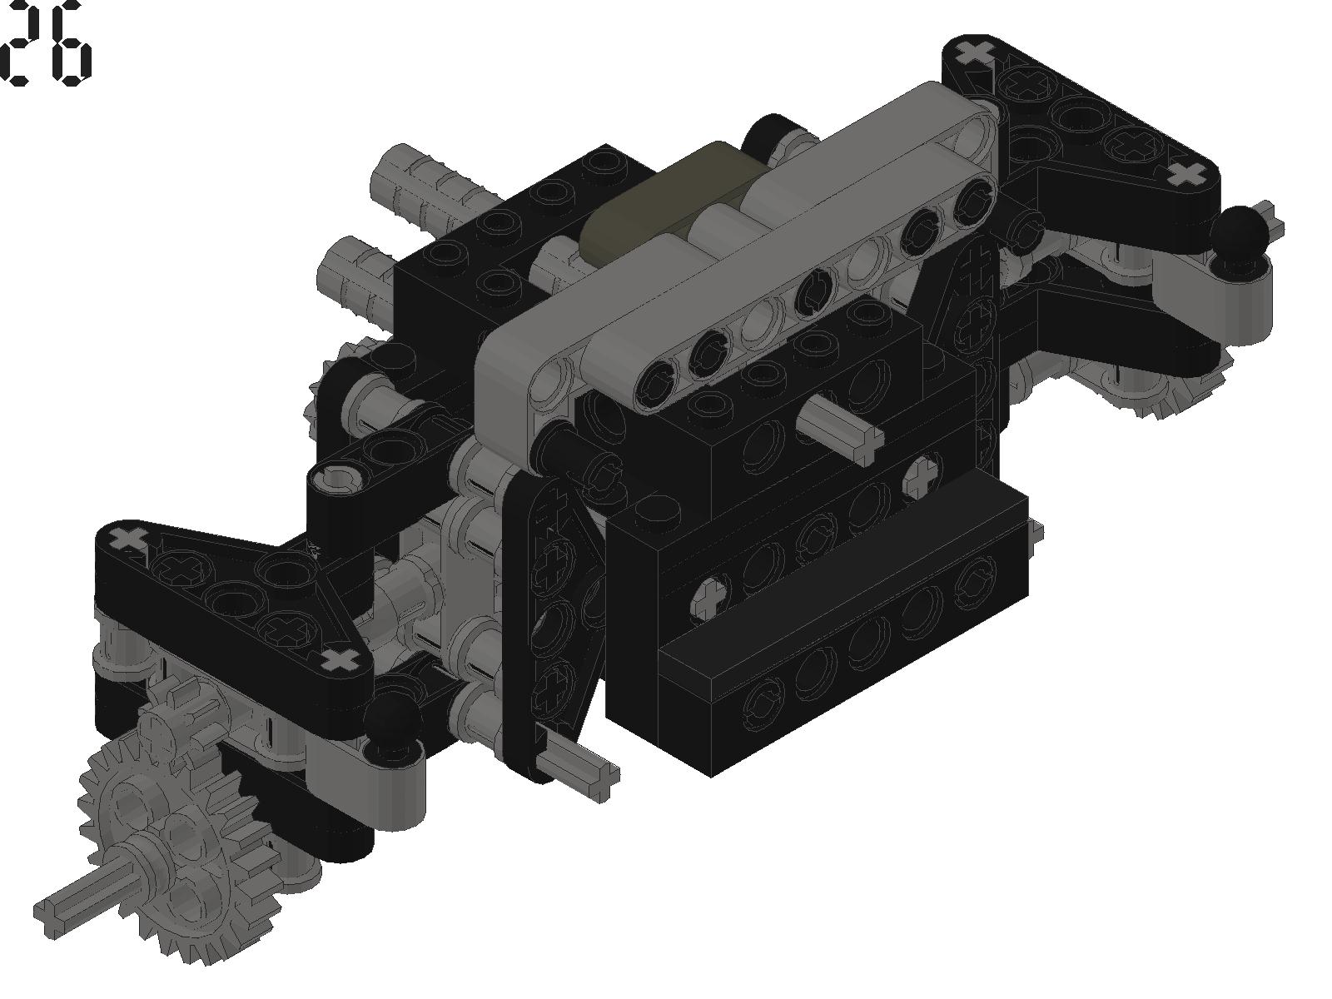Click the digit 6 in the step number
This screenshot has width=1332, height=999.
[71, 43]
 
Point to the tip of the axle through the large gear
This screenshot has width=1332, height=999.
[43, 920]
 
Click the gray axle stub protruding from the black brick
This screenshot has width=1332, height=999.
[841, 425]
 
